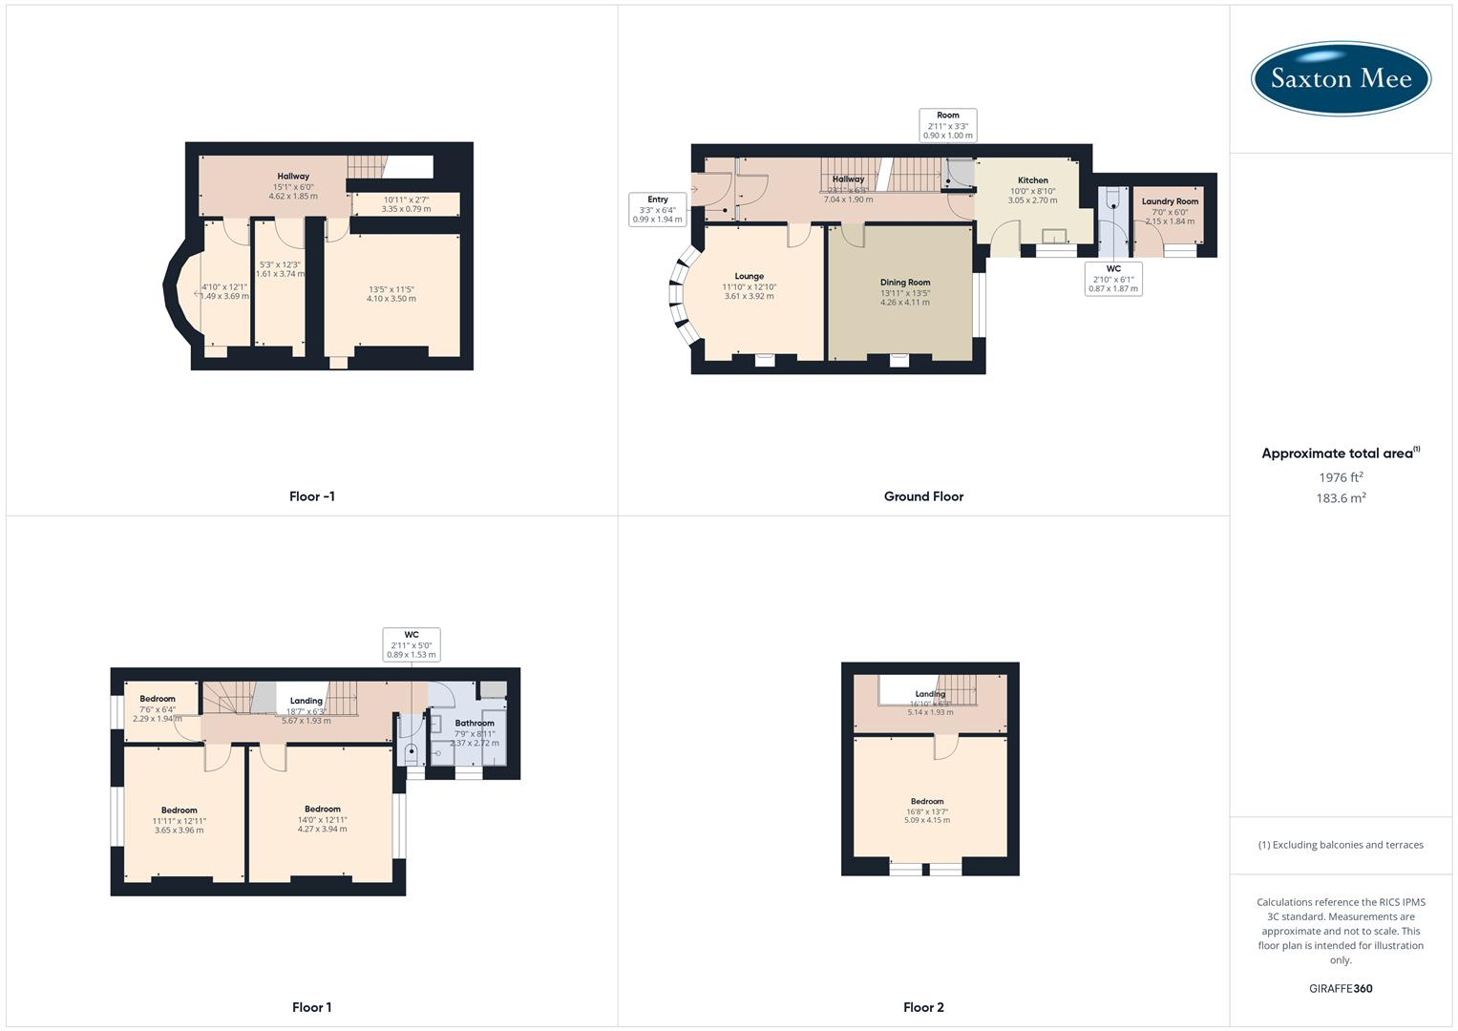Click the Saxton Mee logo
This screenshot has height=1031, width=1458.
click(1341, 78)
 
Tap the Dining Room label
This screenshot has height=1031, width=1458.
click(904, 283)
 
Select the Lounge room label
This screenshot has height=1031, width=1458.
click(749, 277)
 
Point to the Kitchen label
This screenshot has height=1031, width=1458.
click(1032, 180)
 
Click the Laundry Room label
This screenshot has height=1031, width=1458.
click(1170, 201)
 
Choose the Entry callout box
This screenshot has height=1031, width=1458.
click(658, 209)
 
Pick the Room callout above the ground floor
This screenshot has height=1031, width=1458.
click(948, 125)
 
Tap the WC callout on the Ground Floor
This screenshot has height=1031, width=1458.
click(1113, 279)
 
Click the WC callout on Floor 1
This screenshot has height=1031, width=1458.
click(412, 644)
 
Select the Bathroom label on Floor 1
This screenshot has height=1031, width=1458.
click(475, 724)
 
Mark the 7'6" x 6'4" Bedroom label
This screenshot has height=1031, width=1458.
click(158, 699)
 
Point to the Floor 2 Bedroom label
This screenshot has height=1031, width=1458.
click(927, 802)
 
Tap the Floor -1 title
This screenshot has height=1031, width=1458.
click(312, 496)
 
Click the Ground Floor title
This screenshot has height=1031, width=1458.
click(923, 496)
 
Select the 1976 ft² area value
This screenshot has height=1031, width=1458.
click(1341, 477)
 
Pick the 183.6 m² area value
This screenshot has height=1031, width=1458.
click(1341, 498)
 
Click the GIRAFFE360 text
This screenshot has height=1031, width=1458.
click(1341, 989)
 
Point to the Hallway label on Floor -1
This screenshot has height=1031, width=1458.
click(293, 177)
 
